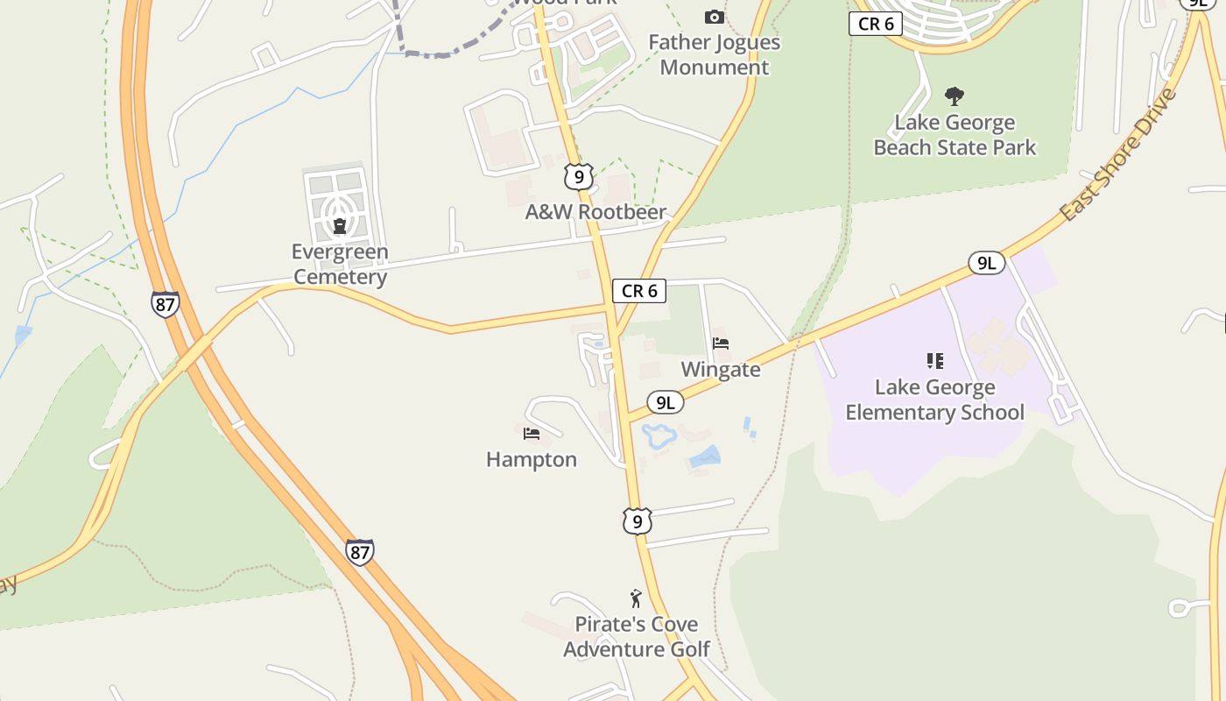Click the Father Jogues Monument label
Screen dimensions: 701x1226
coord(714,54)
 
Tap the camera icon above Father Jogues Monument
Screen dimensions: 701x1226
coord(715,17)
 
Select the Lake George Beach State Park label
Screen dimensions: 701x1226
coord(955,135)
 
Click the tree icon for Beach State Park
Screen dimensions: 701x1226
coord(955,96)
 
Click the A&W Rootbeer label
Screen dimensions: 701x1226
coord(595,212)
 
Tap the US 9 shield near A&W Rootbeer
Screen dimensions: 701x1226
coord(578,176)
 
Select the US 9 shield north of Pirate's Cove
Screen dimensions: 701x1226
coord(638,520)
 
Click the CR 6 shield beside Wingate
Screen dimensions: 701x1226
coord(639,291)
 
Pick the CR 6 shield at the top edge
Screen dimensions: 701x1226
coord(876,24)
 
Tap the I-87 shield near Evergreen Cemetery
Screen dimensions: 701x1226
coord(165,303)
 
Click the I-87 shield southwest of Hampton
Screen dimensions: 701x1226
coord(359,551)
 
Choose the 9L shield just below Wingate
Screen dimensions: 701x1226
coord(666,402)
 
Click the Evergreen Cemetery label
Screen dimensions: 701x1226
coord(340,265)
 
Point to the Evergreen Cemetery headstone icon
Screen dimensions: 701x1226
coord(340,225)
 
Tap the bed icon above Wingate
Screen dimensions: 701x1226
coord(721,343)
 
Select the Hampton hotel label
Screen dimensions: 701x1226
coord(532,459)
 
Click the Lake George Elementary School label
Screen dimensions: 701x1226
coord(934,400)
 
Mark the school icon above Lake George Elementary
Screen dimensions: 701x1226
coord(935,360)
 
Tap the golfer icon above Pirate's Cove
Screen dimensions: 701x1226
coord(636,598)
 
